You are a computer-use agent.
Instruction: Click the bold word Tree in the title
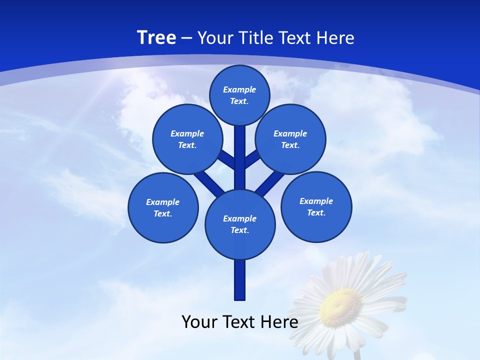pos(156,37)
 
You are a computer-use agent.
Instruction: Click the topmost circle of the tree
pos(239,95)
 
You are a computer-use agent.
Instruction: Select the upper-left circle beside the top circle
pos(187,139)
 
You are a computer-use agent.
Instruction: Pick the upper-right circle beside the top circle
pos(290,139)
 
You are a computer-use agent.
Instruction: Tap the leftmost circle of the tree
pos(163,207)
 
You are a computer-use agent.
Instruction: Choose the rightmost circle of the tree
pos(316,206)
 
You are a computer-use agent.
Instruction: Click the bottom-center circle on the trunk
pos(240,224)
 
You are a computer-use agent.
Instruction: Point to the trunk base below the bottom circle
pos(240,280)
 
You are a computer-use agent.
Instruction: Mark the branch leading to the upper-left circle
pos(226,158)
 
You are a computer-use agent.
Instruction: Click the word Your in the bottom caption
pos(200,321)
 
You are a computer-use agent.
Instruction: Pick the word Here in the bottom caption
pos(280,321)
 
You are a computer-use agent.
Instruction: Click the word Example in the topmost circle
pos(239,89)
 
